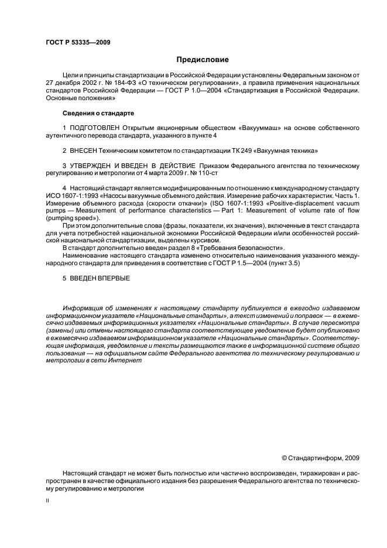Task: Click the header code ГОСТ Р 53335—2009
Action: click(x=78, y=42)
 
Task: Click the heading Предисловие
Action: click(x=202, y=60)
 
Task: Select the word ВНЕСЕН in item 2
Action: click(x=85, y=150)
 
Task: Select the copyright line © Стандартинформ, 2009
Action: click(x=320, y=457)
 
